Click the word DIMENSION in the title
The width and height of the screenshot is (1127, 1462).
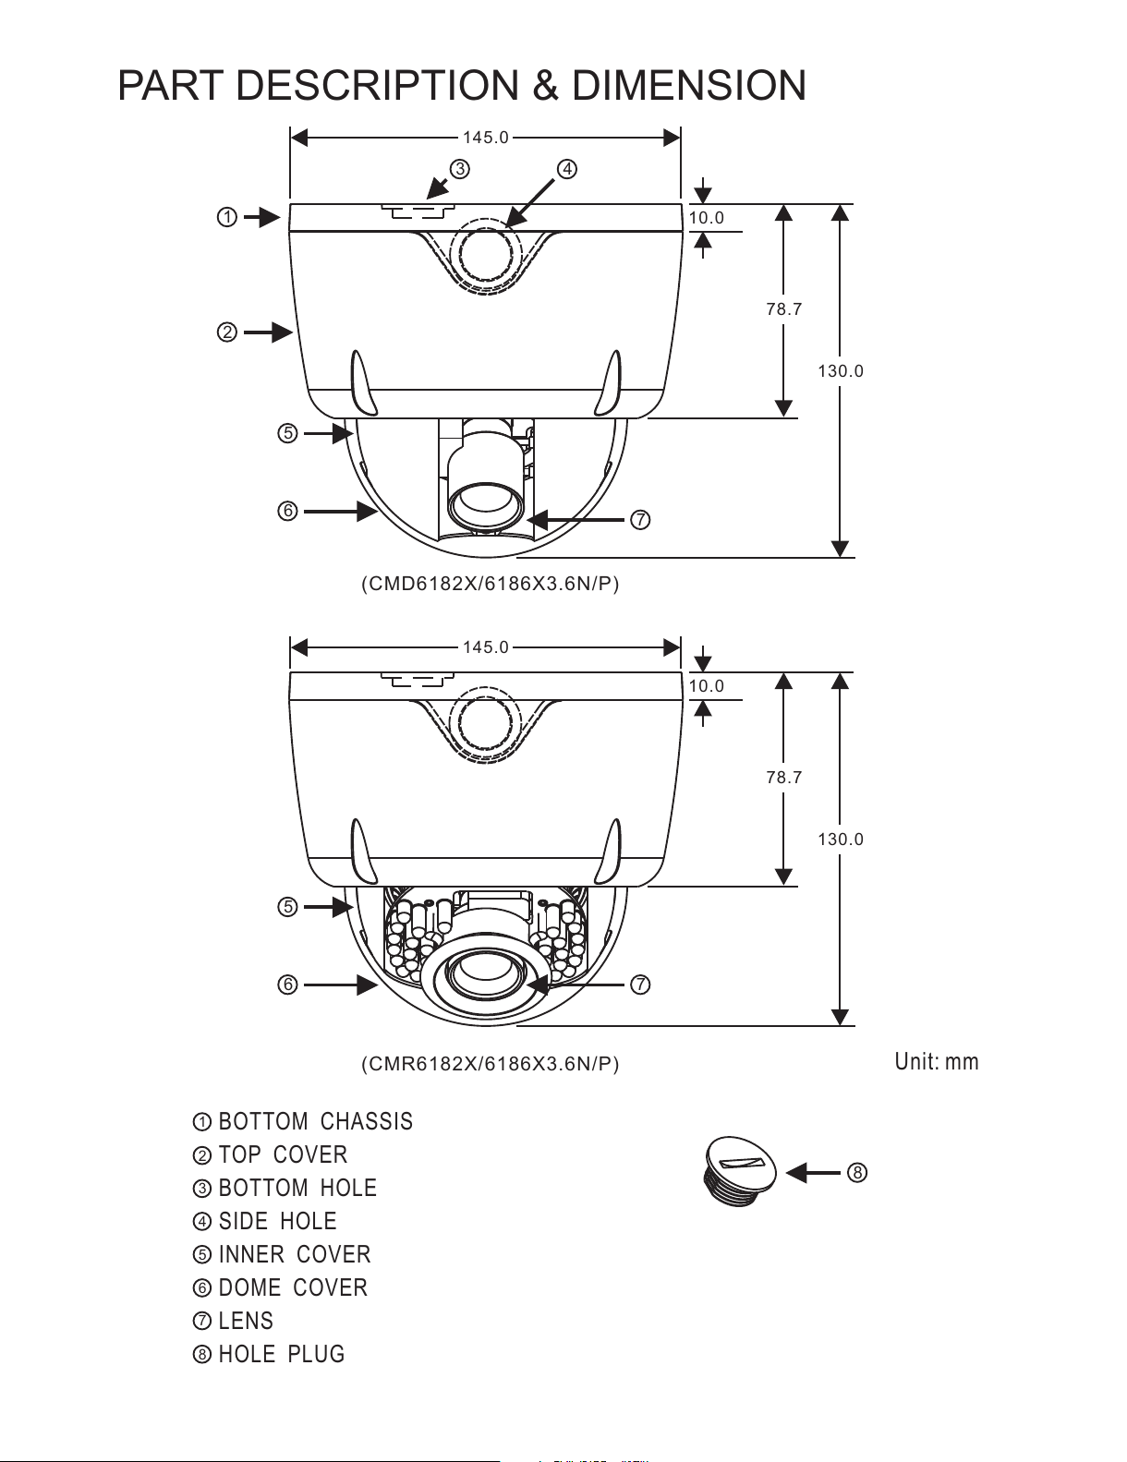point(688,86)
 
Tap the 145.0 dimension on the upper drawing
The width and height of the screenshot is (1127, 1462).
point(485,138)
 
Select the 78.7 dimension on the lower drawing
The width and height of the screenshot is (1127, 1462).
point(784,778)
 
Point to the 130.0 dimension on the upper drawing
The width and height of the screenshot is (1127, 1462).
point(841,371)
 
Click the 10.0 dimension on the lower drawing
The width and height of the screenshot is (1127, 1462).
point(707,686)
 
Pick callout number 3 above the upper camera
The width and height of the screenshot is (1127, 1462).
point(459,168)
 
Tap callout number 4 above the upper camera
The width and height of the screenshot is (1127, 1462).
point(567,168)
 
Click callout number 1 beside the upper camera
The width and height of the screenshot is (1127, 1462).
point(226,217)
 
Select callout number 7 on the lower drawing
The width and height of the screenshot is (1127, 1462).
point(640,985)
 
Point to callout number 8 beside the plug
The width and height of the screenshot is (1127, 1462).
point(856,1173)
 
